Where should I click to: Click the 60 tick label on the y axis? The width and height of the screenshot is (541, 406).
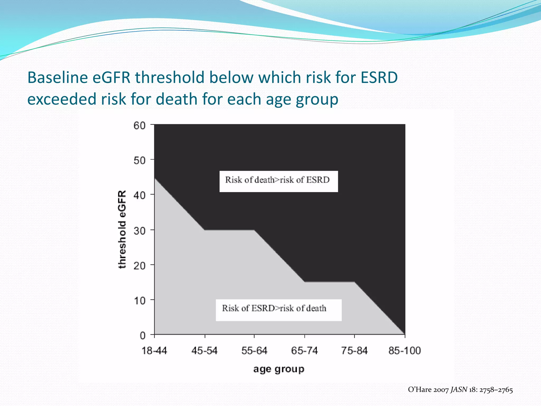139,126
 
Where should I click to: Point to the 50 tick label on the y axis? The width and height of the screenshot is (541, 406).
139,160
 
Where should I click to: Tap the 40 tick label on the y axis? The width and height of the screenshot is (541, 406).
139,196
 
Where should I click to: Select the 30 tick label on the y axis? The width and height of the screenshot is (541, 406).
139,231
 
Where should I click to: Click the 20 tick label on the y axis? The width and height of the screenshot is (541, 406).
139,266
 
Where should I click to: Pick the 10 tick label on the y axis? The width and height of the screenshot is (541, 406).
139,301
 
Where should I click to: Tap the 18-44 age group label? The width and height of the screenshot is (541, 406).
154,351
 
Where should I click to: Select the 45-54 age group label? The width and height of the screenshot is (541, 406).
204,351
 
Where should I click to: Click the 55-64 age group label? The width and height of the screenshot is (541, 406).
254,351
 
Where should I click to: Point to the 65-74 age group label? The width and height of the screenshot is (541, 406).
304,351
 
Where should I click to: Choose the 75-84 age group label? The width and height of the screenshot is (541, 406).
354,351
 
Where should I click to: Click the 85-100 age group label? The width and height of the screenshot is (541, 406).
404,351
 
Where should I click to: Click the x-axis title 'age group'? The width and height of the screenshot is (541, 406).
279,369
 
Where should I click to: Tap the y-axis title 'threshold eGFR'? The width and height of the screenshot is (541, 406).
122,229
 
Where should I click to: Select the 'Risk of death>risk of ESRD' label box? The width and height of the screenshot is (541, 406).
278,181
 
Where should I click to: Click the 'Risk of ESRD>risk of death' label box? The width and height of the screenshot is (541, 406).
278,310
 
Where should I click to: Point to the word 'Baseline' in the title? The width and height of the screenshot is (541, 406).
58,78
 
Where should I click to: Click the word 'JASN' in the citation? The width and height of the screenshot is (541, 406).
459,390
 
